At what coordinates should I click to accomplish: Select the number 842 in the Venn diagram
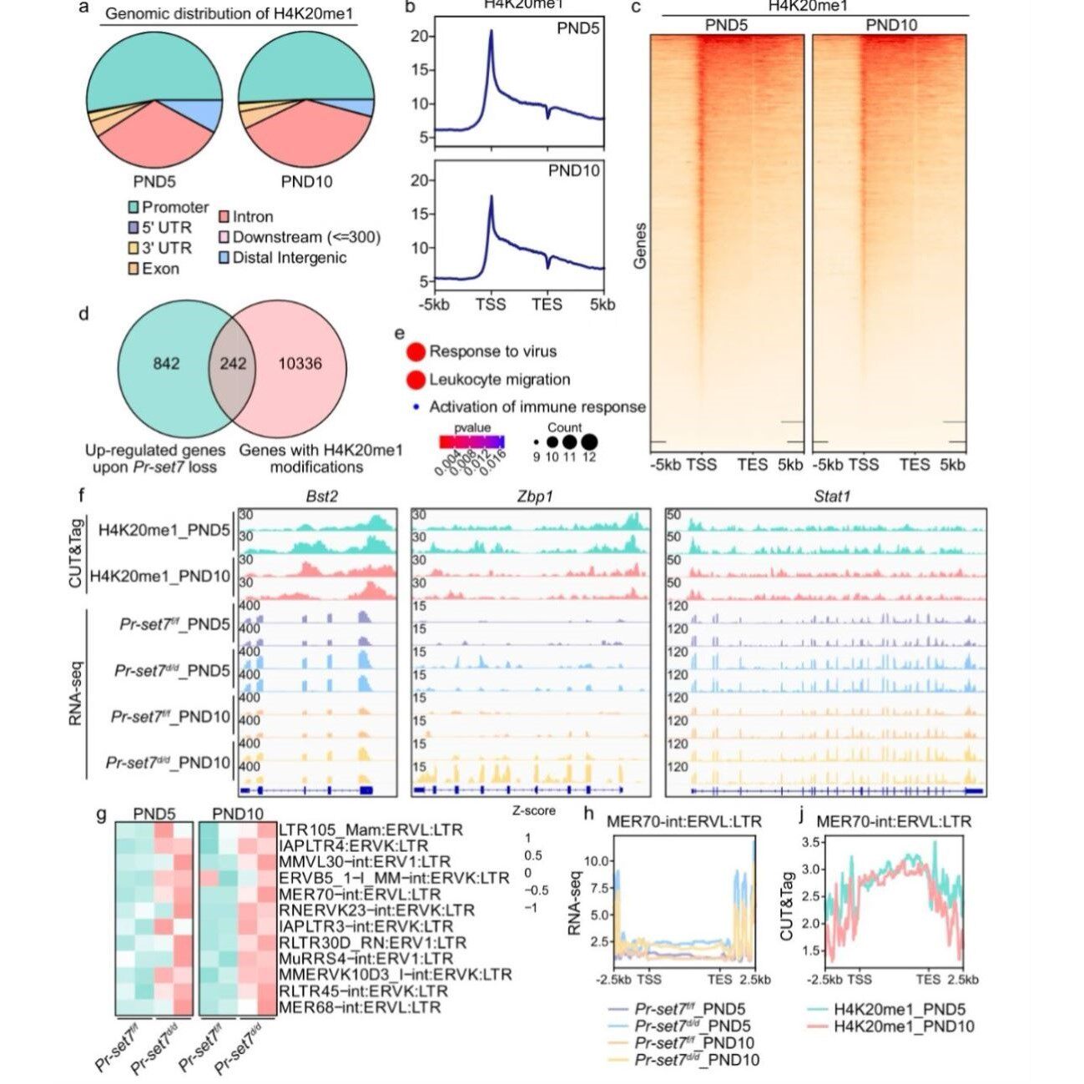166,364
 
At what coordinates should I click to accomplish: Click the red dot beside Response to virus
416,352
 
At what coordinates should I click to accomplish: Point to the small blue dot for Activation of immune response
416,407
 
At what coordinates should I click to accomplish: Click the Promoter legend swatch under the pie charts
133,207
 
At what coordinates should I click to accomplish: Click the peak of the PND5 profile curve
492,32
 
